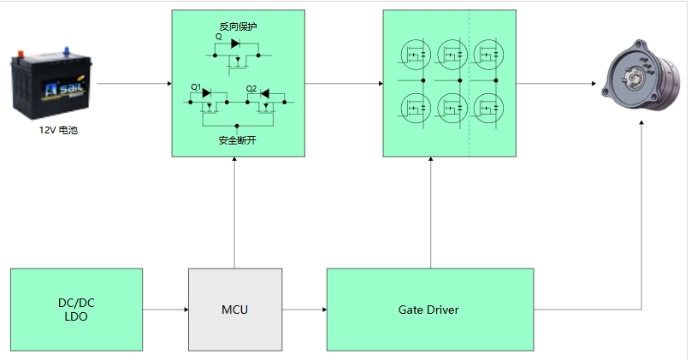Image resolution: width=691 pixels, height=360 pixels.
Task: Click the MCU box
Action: (234, 310)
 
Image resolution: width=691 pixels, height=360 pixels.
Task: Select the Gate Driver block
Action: (429, 310)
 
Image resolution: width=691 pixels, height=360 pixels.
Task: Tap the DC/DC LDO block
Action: (76, 310)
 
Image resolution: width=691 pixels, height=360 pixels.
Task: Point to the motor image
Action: (638, 76)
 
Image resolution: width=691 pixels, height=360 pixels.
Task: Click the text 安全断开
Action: (238, 140)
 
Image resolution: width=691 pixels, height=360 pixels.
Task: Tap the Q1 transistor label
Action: (195, 88)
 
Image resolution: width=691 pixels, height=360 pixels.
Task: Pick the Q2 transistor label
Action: (251, 88)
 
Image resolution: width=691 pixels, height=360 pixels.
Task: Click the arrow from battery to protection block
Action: (133, 84)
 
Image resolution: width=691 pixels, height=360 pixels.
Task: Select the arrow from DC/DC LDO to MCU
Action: (165, 310)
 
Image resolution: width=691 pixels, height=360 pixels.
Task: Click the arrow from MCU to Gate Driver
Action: (304, 310)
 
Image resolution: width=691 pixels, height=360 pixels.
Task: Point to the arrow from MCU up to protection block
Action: (234, 214)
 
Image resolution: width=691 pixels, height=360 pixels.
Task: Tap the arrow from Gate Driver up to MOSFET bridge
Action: (430, 214)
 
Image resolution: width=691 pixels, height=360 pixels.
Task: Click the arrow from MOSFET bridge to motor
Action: (556, 84)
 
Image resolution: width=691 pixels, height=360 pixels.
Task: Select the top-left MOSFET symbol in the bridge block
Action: (414, 55)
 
